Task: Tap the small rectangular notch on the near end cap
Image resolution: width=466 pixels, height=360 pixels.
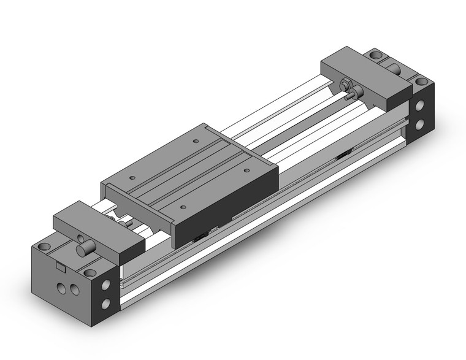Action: pyautogui.click(x=60, y=267)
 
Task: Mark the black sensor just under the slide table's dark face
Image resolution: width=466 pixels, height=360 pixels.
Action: pyautogui.click(x=200, y=236)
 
